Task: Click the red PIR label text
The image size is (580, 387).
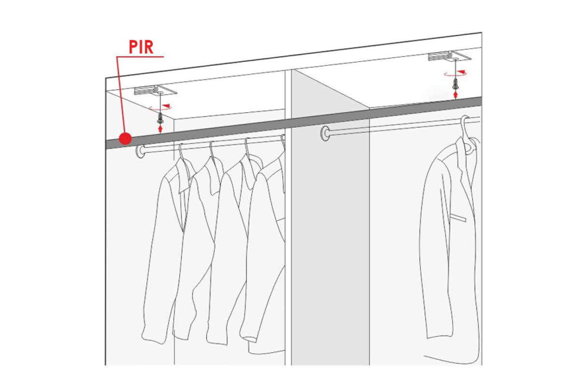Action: [x=141, y=47]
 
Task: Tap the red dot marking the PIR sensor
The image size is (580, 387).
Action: [x=125, y=138]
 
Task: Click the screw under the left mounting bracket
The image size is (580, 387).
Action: [x=160, y=118]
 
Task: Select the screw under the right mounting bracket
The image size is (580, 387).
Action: [x=455, y=84]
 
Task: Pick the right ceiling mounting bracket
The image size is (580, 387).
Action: [x=449, y=56]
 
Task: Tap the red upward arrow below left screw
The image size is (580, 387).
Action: [x=160, y=129]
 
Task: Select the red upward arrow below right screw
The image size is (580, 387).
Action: [x=456, y=94]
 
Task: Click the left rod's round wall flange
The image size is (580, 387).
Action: [x=140, y=151]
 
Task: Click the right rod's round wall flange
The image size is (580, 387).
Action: [x=325, y=134]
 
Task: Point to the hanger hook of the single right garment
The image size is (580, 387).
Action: [x=464, y=124]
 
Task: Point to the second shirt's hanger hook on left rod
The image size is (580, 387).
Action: [x=212, y=149]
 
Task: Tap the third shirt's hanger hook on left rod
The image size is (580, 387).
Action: [x=247, y=147]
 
